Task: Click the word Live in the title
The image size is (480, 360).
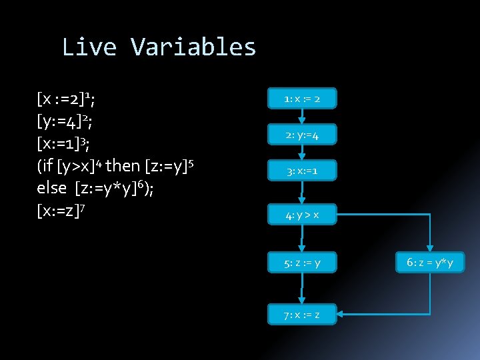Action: point(90,47)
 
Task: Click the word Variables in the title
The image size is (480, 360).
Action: point(193,47)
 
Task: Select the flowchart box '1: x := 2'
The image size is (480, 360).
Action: point(302,99)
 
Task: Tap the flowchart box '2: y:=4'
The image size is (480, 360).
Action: point(302,135)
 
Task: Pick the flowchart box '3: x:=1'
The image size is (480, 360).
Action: point(302,171)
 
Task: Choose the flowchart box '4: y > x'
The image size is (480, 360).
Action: point(302,215)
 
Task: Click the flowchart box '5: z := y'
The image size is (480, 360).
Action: point(302,263)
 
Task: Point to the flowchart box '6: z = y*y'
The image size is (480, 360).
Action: point(430,263)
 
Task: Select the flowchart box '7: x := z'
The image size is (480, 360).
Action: point(302,314)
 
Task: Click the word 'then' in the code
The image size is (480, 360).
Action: point(123,165)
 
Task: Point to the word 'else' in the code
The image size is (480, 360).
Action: point(52,187)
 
